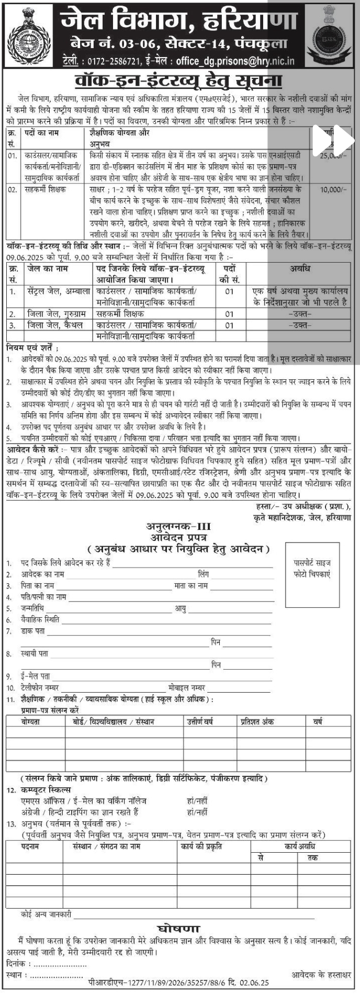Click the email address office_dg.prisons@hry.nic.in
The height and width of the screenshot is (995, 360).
pyautogui.click(x=235, y=62)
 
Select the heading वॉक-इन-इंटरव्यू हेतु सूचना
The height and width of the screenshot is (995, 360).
pyautogui.click(x=179, y=82)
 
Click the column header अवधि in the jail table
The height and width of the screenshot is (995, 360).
pyautogui.click(x=300, y=269)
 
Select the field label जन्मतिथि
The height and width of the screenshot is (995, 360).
pyautogui.click(x=33, y=608)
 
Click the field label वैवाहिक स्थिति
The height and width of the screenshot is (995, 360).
pyautogui.click(x=40, y=619)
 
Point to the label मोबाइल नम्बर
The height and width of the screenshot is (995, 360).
pyautogui.click(x=186, y=687)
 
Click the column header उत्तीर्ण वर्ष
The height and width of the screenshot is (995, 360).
pyautogui.click(x=200, y=721)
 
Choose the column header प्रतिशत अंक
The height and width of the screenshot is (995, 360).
pyautogui.click(x=257, y=721)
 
